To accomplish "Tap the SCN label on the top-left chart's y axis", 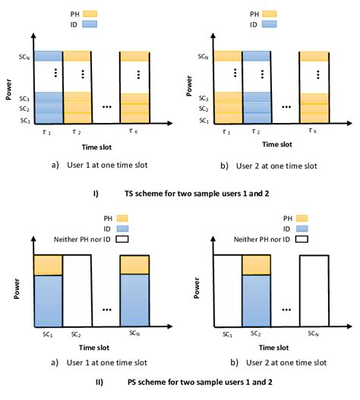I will tap(24, 55).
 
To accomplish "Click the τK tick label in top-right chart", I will tap(313, 131).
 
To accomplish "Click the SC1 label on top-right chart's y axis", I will tap(204, 121).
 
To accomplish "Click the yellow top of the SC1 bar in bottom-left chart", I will tap(47, 265).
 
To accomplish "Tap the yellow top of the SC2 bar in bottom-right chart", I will tap(257, 265).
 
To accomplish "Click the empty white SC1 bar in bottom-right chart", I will tap(227, 296).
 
